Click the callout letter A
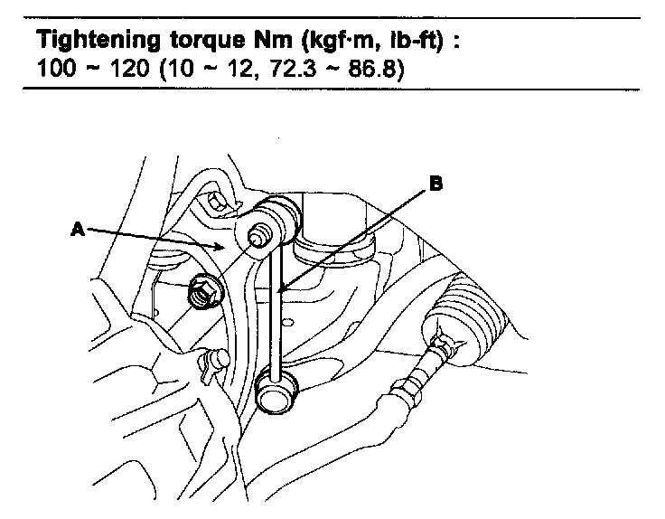pyautogui.click(x=78, y=230)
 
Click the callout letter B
pyautogui.click(x=436, y=184)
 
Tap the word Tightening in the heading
pyautogui.click(x=98, y=42)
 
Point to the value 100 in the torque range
pyautogui.click(x=56, y=68)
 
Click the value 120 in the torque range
pyautogui.click(x=129, y=68)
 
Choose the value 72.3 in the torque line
pyautogui.click(x=293, y=68)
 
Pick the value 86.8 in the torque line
pyautogui.click(x=371, y=68)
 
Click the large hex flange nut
pyautogui.click(x=205, y=291)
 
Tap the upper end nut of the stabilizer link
pyautogui.click(x=257, y=236)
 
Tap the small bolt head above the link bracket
pyautogui.click(x=215, y=203)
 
